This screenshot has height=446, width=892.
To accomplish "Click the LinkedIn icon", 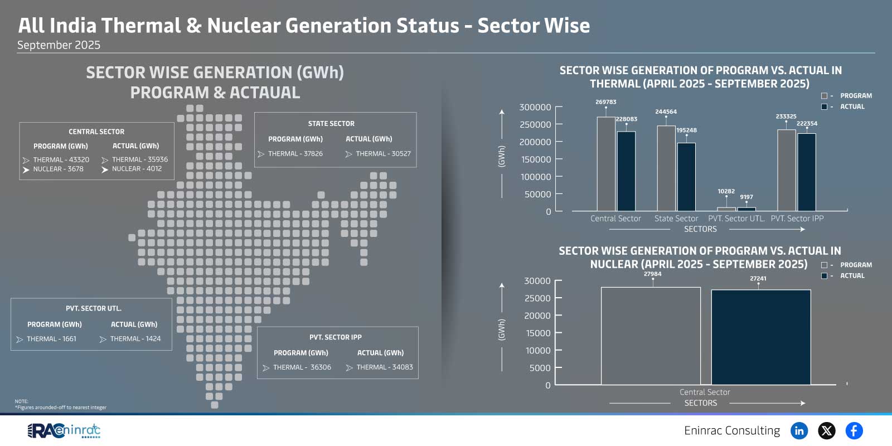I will pyautogui.click(x=799, y=430).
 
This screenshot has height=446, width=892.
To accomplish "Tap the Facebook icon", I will pyautogui.click(x=854, y=430).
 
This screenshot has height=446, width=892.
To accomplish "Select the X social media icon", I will pyautogui.click(x=827, y=430).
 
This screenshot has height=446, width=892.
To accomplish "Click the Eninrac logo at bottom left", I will pyautogui.click(x=64, y=430).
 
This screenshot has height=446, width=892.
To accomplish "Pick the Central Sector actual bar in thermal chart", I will pyautogui.click(x=626, y=171).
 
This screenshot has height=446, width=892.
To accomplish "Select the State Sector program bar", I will pyautogui.click(x=666, y=168).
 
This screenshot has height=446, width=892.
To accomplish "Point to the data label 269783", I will pyautogui.click(x=605, y=102).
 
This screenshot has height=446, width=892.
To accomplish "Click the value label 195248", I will pyautogui.click(x=686, y=130).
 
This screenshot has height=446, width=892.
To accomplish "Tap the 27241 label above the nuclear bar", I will pyautogui.click(x=758, y=279).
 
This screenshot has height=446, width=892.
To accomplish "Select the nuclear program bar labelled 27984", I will pyautogui.click(x=651, y=336).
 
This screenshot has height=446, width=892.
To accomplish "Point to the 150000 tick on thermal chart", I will pyautogui.click(x=535, y=159).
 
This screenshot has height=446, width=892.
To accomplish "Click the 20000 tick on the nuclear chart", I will pyautogui.click(x=537, y=316).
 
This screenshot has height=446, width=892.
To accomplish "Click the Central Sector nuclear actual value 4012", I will pyautogui.click(x=137, y=169).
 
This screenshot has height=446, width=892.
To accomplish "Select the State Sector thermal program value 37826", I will pyautogui.click(x=295, y=154).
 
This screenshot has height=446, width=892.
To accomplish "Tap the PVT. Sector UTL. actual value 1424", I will pyautogui.click(x=135, y=339).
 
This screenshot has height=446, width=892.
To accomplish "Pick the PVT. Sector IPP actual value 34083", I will pyautogui.click(x=384, y=367).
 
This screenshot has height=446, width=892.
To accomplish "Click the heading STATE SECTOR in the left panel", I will pyautogui.click(x=331, y=124).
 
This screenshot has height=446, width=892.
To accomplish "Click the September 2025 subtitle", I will pyautogui.click(x=59, y=45).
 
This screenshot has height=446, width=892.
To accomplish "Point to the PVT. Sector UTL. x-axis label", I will pyautogui.click(x=736, y=219).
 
